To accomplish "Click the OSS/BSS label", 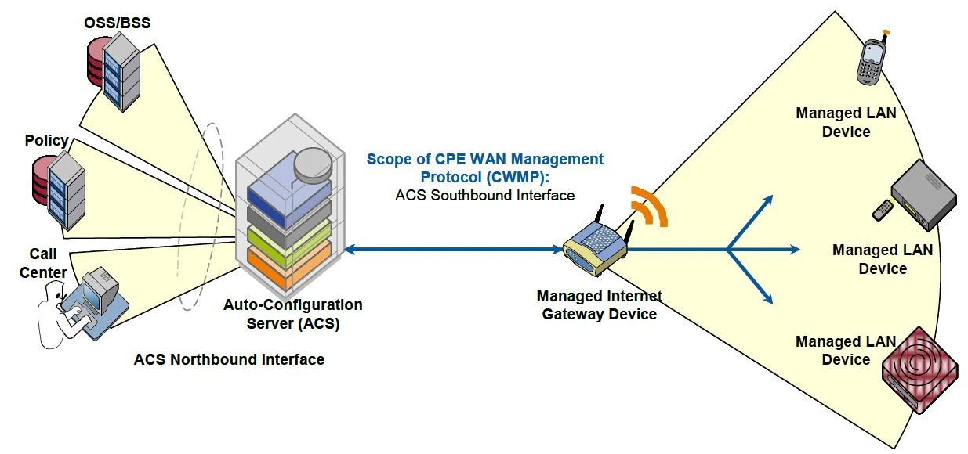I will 118,23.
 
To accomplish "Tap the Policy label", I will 46,141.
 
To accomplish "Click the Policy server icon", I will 59,188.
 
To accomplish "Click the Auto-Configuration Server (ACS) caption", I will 293,313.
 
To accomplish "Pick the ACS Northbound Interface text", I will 229,360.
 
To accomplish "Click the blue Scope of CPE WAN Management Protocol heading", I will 485,168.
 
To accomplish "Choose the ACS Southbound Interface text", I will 485,195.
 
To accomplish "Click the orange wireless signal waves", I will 651,207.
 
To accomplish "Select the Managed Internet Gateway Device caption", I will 599,305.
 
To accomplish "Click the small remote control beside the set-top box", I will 883,209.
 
